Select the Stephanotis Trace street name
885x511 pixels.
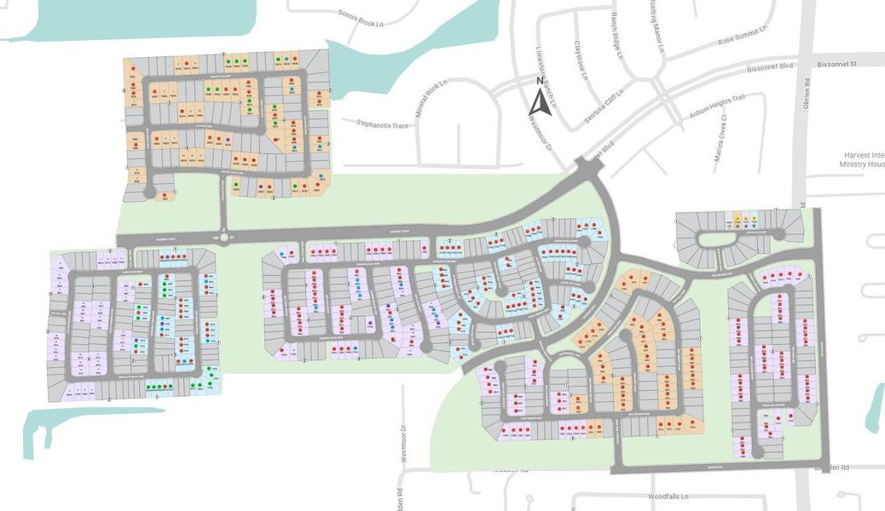379,126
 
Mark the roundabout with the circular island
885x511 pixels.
224,238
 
